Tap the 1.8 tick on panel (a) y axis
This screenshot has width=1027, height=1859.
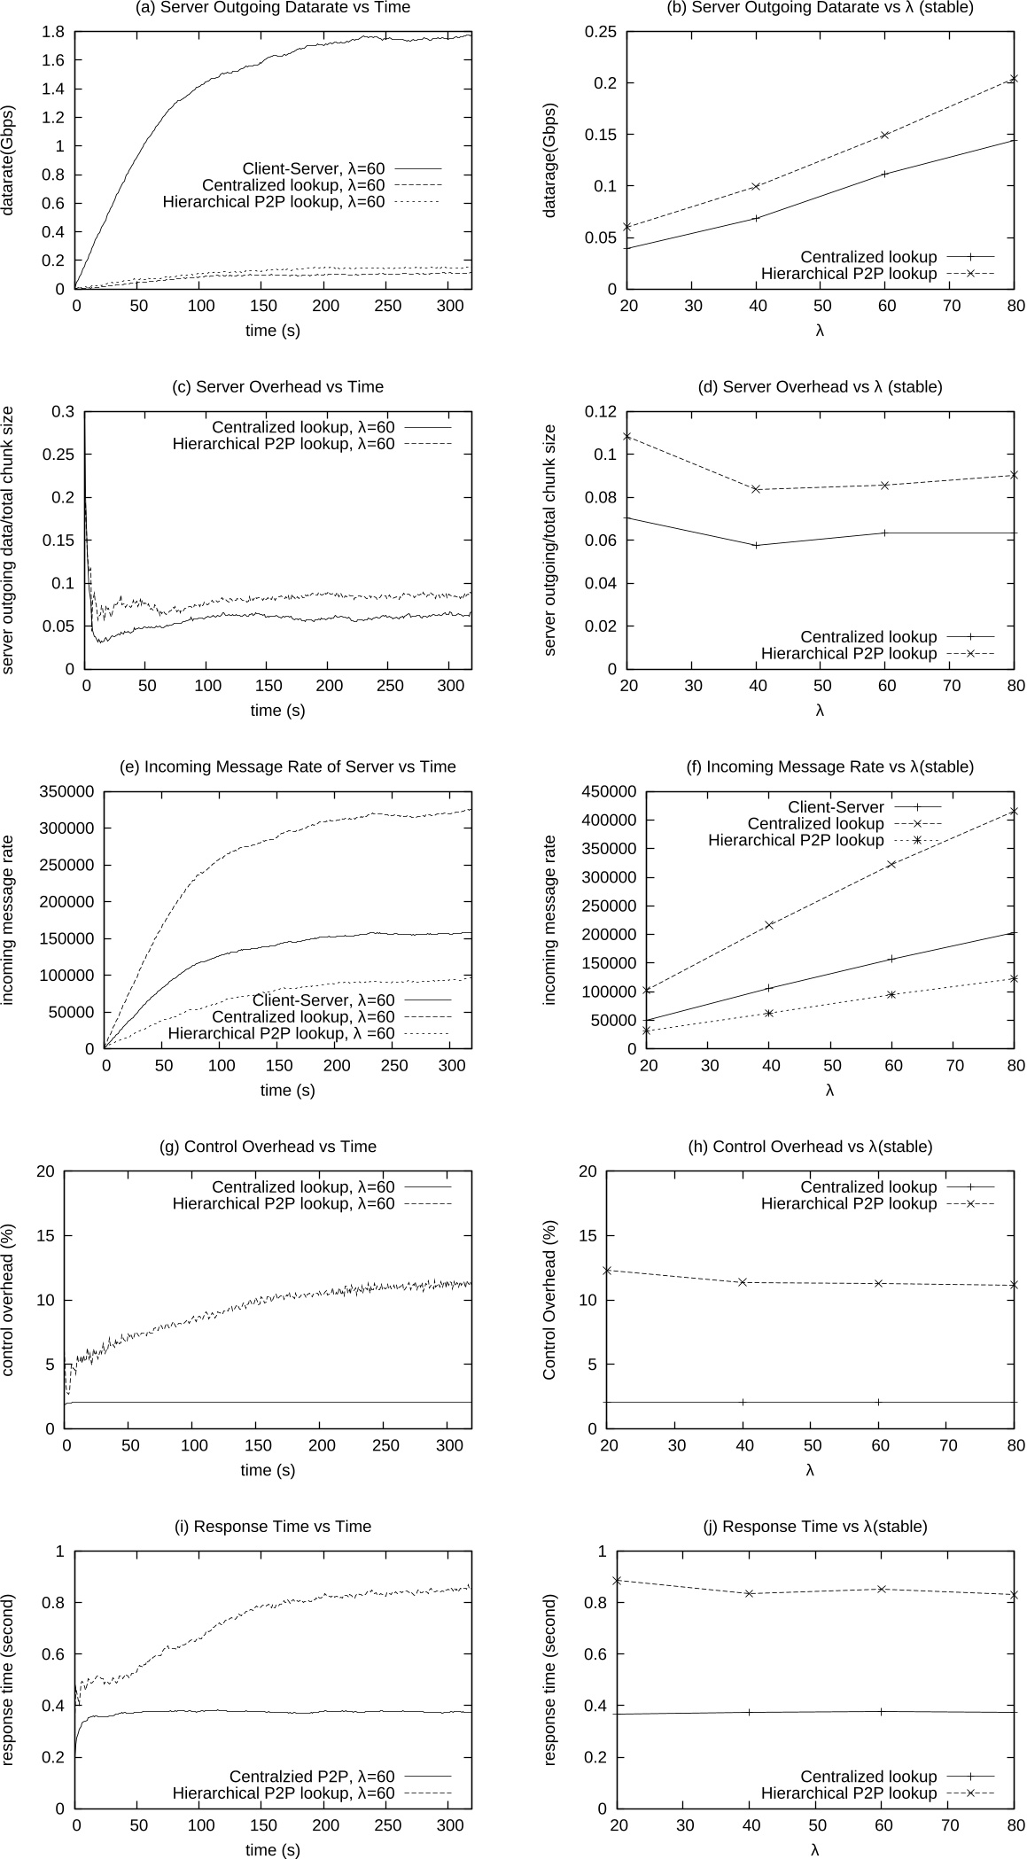tap(53, 32)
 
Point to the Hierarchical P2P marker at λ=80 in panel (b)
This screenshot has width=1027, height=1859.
tap(1015, 79)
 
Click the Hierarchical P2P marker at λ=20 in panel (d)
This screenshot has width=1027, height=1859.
tap(627, 436)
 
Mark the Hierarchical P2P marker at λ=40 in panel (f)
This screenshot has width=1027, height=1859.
tap(769, 1013)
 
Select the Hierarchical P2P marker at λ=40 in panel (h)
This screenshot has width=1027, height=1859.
tap(743, 1282)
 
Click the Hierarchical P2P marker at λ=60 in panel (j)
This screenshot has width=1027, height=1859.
tap(882, 1589)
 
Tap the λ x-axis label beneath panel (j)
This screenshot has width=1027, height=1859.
tap(815, 1850)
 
